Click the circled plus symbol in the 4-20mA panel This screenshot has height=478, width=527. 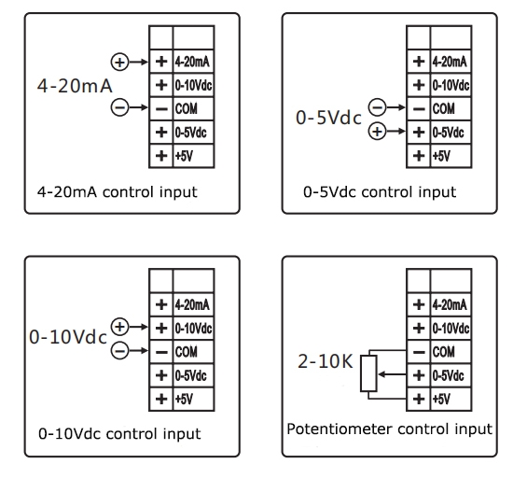(119, 63)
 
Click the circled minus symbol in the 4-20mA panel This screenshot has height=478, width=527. (119, 108)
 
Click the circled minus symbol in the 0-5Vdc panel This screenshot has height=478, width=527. (377, 108)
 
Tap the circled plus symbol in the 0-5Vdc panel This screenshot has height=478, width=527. (377, 132)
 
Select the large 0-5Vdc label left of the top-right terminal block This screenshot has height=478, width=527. (326, 120)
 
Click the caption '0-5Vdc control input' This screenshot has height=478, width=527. (380, 192)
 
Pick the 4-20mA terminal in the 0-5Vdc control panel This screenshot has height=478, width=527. (449, 63)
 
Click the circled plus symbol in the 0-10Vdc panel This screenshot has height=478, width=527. (119, 327)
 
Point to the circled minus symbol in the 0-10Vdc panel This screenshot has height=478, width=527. (119, 350)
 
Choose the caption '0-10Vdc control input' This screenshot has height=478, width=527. (119, 434)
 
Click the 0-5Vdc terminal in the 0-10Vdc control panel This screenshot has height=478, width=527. (192, 373)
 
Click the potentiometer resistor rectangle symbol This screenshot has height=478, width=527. (369, 374)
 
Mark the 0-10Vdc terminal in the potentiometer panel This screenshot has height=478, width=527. (449, 328)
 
